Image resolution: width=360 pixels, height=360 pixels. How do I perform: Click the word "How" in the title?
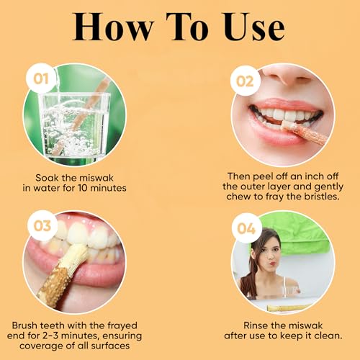pos(113,27)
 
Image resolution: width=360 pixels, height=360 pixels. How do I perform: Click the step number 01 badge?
pos(41,78)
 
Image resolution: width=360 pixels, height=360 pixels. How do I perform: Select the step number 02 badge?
pos(245,81)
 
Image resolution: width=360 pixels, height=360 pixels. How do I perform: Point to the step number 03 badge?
pos(42,225)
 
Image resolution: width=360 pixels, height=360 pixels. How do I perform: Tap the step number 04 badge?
pos(246,228)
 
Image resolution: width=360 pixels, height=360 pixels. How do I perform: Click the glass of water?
pos(74,127)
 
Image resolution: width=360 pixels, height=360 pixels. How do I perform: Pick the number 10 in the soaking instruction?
pos(82,188)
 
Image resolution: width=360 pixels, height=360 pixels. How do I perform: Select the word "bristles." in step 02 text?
pos(322,197)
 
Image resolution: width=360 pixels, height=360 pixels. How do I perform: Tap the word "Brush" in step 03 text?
pos(25,325)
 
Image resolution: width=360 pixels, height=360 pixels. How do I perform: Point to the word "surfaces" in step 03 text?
pos(111,346)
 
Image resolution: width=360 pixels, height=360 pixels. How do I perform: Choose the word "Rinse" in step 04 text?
pos(256,325)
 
